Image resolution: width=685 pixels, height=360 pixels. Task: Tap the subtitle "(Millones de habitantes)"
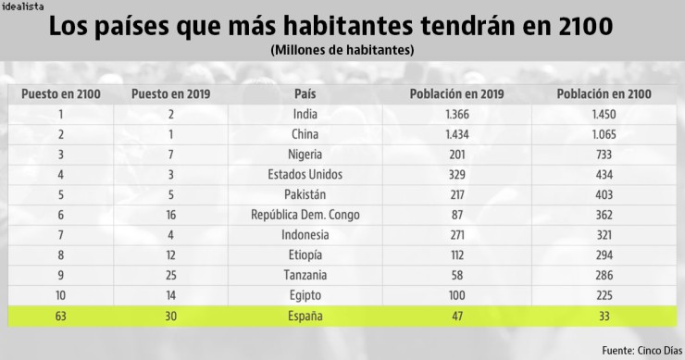tap(342, 49)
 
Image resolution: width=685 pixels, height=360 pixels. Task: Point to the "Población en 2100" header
tap(604, 93)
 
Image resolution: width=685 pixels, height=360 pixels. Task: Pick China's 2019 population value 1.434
tap(456, 134)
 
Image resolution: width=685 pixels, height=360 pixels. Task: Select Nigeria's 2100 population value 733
tap(604, 155)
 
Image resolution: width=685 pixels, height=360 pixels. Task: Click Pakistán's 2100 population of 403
tap(604, 195)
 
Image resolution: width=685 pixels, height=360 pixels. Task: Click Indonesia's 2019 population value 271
tap(456, 236)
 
